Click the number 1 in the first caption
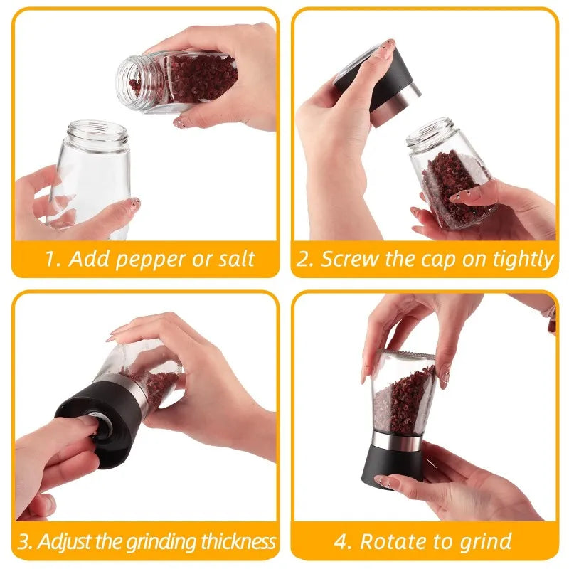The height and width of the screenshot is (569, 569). click(51, 259)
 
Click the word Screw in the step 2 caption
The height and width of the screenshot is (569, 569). click(348, 259)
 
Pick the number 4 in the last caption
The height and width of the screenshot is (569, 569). click(342, 542)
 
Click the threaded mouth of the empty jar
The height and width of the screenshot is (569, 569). click(98, 132)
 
